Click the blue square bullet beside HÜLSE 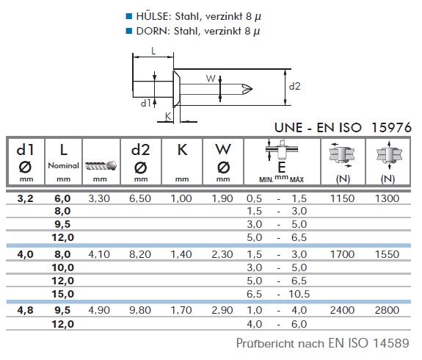point(129,16)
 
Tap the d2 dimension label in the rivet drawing point(294,86)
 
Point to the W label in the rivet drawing point(211,79)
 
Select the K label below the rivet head point(168,116)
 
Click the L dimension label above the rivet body point(153,51)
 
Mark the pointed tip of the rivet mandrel point(252,88)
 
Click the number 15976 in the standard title point(392,127)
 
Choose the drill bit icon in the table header point(101,165)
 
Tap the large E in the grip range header point(282,168)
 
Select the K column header point(182,150)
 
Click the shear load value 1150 point(342,198)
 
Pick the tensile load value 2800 point(387,310)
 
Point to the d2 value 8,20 point(140,254)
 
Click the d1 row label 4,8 point(25,310)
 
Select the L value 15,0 point(63,294)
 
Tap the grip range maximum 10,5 point(299,294)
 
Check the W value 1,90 point(222,198)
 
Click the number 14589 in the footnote point(390,343)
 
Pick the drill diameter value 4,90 point(99,310)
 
